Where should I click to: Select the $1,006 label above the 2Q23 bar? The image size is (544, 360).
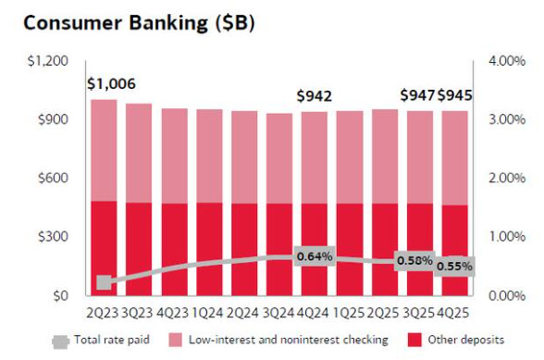click(111, 84)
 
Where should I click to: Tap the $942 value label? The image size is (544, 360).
click(315, 96)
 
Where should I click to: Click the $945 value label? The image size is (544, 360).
click(454, 96)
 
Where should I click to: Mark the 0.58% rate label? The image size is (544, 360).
click(415, 261)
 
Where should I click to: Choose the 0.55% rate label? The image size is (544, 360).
click(454, 267)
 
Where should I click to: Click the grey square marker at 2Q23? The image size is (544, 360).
click(104, 282)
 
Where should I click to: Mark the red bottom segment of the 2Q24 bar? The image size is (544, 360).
click(242, 250)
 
